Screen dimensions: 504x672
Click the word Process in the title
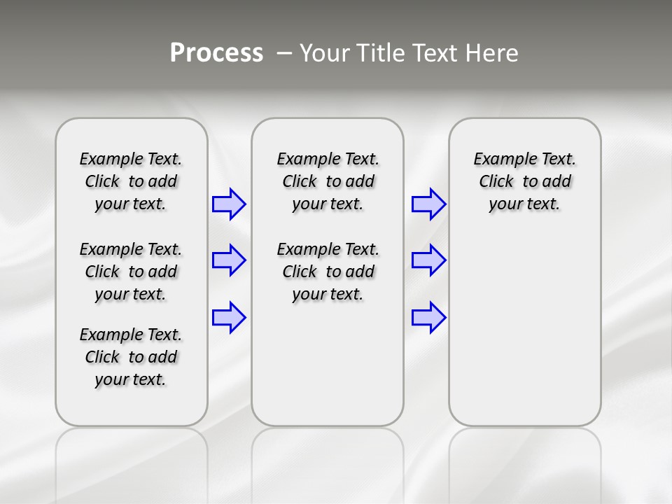216,52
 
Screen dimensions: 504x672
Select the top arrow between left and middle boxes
229,204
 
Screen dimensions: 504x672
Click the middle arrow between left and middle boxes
229,260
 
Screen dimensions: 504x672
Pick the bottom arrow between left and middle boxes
229,318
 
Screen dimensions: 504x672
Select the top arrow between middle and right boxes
428,204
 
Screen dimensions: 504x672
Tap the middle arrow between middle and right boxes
428,260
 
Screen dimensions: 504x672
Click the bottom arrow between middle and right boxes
428,318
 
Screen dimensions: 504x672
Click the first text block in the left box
131,181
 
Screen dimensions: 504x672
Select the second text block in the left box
131,272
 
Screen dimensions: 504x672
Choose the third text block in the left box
131,357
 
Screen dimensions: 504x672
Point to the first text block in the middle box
328,181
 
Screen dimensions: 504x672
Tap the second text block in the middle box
328,272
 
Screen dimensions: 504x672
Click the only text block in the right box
525,181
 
